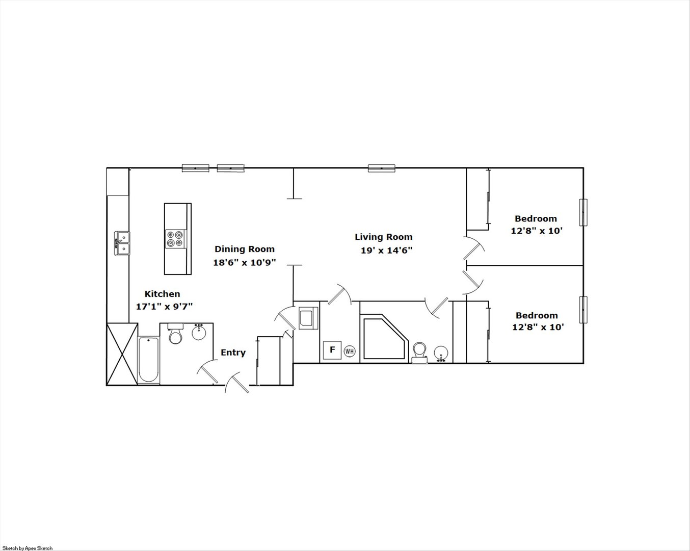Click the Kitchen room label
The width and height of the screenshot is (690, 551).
[162, 294]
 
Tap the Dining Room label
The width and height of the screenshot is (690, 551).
[244, 249]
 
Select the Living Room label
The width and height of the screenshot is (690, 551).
[383, 237]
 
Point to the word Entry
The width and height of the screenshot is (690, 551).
[233, 353]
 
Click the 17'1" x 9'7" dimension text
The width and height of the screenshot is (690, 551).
[164, 307]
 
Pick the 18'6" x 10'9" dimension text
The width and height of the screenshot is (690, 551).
[244, 262]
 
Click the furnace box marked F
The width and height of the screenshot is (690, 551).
[332, 350]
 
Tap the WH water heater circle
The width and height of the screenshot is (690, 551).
[350, 351]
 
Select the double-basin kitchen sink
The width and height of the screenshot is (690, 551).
[122, 243]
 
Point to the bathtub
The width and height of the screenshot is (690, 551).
[148, 360]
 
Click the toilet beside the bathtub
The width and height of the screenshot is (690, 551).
[175, 335]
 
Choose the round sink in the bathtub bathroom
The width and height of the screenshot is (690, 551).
[199, 332]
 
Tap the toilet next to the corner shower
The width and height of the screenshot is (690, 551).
[419, 352]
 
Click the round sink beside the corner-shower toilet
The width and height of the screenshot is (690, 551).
[441, 353]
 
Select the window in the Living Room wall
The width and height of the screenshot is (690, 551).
[382, 167]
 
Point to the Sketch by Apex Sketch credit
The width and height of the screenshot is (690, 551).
[26, 548]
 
